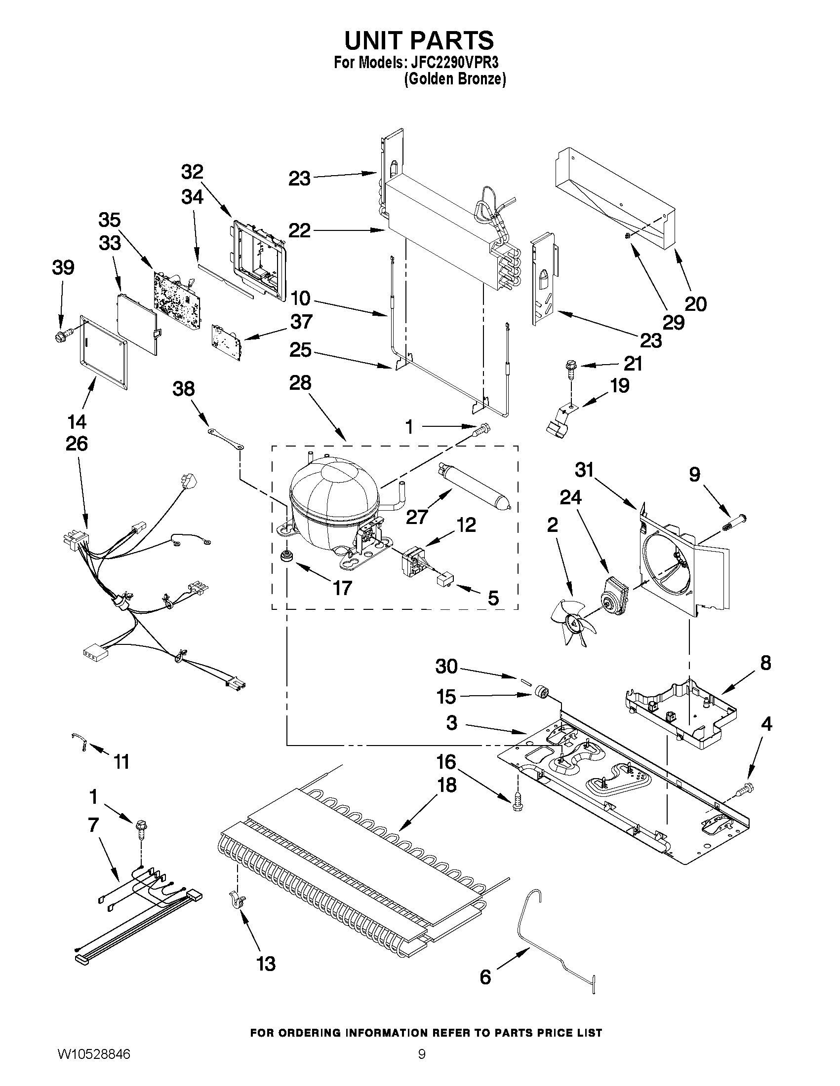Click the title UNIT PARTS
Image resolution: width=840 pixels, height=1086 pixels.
click(x=419, y=40)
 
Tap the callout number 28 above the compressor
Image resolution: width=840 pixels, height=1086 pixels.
click(x=300, y=383)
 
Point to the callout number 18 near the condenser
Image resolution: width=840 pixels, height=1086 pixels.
click(x=446, y=786)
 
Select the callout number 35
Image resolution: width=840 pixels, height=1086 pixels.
click(x=110, y=220)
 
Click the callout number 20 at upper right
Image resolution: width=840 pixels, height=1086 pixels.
click(x=695, y=303)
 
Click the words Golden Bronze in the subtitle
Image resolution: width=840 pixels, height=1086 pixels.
click(x=455, y=79)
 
